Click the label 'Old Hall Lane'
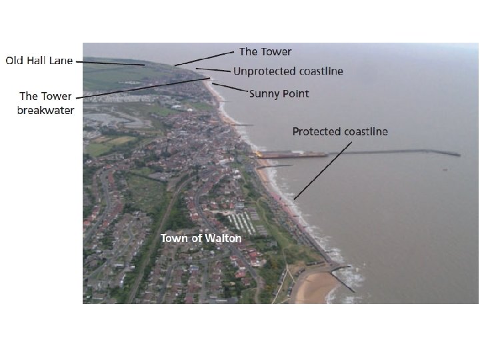tap(39, 61)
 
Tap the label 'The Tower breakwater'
tap(45, 103)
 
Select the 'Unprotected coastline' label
tap(288, 71)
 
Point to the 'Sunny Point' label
tap(279, 93)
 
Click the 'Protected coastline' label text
tap(340, 131)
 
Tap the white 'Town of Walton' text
tap(201, 238)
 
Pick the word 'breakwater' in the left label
tap(45, 109)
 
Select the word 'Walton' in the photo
tap(223, 238)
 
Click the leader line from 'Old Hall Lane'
tap(113, 63)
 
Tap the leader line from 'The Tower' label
tap(207, 58)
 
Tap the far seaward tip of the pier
tap(458, 155)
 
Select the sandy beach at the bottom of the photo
tap(313, 287)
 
